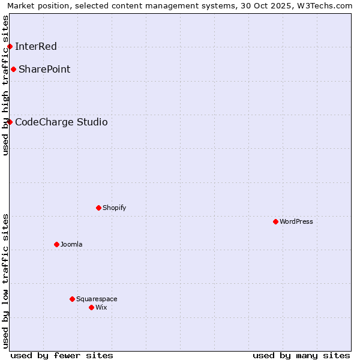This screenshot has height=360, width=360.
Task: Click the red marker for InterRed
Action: (10, 46)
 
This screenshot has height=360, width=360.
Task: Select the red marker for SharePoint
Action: (13, 69)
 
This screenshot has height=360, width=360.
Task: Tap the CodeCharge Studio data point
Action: (10, 122)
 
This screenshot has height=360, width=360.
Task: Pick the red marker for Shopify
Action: (98, 208)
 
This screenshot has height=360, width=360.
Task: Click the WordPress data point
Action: (275, 221)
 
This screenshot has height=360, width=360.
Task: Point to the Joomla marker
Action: (56, 244)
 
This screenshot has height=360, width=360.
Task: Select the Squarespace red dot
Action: (72, 299)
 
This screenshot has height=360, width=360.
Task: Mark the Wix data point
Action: (91, 307)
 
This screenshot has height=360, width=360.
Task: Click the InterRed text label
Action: (36, 46)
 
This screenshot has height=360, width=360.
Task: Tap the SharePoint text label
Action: (44, 69)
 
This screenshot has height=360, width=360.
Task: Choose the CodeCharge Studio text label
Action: (61, 122)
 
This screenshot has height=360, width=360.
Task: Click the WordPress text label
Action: (296, 221)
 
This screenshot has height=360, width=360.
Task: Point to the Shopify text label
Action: (114, 208)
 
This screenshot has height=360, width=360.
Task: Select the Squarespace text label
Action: (97, 299)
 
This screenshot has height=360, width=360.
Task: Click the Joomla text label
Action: (71, 244)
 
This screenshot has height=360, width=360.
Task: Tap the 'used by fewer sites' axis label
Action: (62, 355)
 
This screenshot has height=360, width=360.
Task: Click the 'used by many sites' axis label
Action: (301, 355)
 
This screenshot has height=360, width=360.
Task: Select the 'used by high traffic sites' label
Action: (5, 85)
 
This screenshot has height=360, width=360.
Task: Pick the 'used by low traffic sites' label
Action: (5, 281)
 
